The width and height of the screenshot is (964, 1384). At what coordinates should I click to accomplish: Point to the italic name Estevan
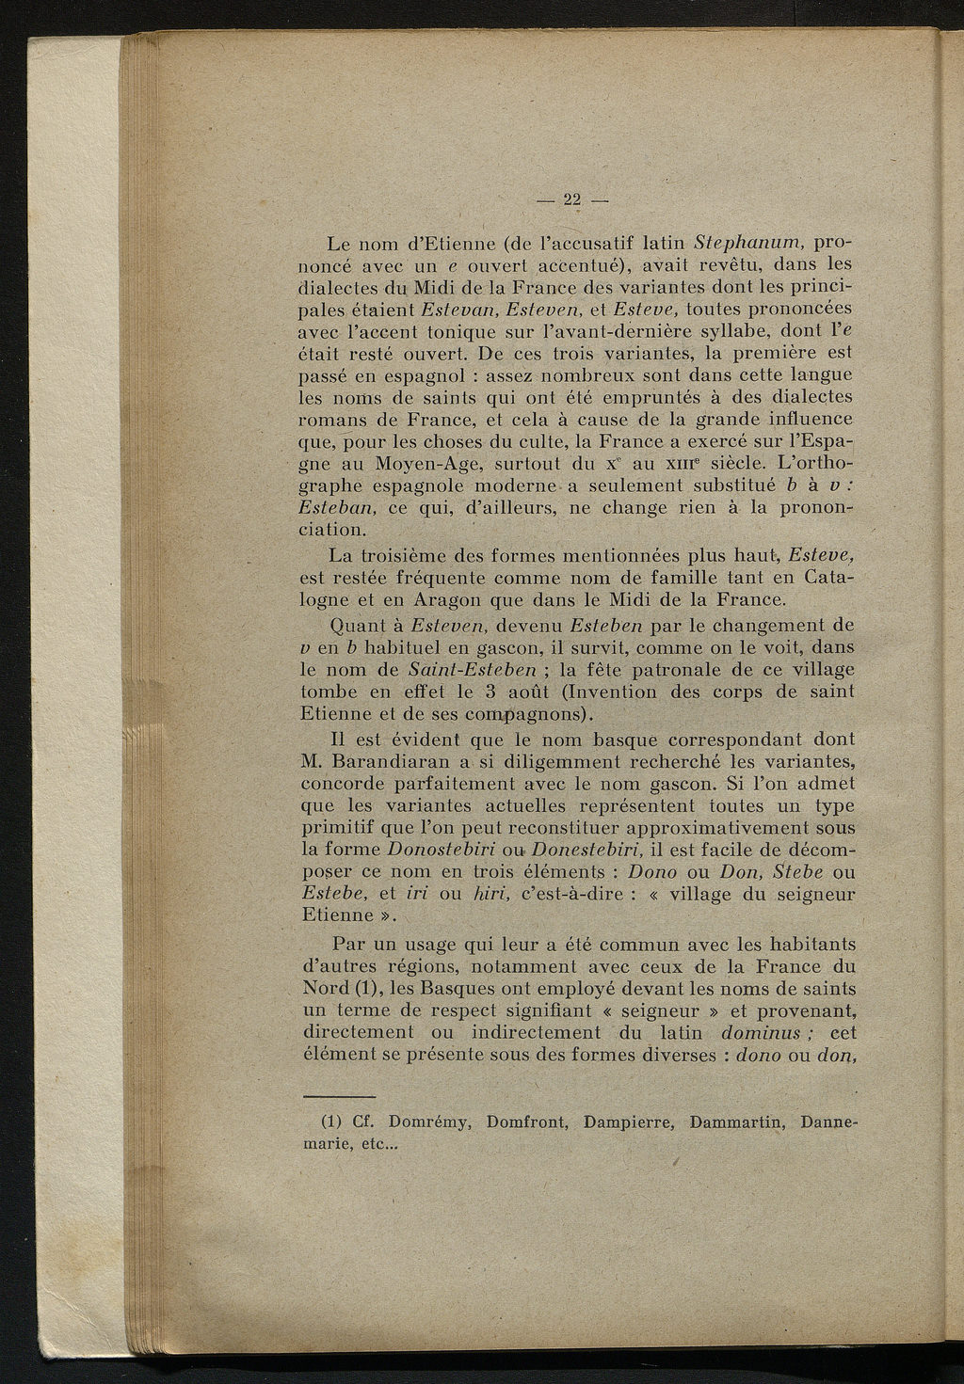(459, 309)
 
